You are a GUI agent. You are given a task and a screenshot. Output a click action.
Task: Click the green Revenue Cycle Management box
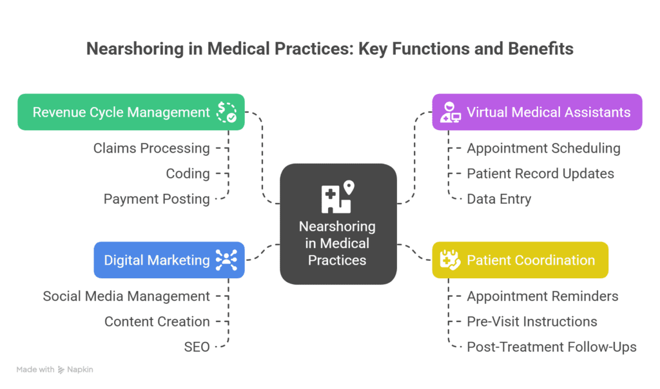(x=131, y=112)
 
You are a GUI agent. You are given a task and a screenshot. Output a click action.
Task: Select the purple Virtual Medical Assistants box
(x=537, y=112)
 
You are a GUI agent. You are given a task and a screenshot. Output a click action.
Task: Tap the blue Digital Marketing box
(x=169, y=260)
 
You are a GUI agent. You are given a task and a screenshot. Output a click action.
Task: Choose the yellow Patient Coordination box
(x=519, y=260)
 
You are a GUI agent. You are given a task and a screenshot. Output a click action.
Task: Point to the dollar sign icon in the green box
(x=226, y=112)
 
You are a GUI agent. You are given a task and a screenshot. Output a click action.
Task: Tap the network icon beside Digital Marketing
(x=226, y=260)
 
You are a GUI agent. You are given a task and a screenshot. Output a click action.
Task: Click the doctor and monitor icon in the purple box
(x=450, y=113)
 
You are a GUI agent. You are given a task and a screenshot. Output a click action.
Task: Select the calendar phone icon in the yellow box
(x=449, y=260)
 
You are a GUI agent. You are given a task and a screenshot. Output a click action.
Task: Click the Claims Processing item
(x=151, y=148)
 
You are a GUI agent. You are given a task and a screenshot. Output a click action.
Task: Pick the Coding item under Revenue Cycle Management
(x=188, y=174)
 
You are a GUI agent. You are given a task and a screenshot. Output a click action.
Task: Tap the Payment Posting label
(x=157, y=199)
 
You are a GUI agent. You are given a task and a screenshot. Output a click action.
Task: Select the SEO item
(x=197, y=347)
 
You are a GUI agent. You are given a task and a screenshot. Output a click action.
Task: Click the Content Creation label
(x=157, y=321)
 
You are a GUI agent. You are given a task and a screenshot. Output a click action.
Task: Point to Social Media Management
(x=126, y=296)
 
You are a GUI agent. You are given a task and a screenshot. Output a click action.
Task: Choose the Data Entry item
(x=499, y=199)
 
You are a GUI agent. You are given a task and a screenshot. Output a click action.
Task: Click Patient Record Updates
(x=540, y=174)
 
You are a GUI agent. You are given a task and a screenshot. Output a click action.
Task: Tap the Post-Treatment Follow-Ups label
(x=551, y=347)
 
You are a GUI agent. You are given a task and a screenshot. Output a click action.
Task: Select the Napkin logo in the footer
(x=76, y=370)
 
